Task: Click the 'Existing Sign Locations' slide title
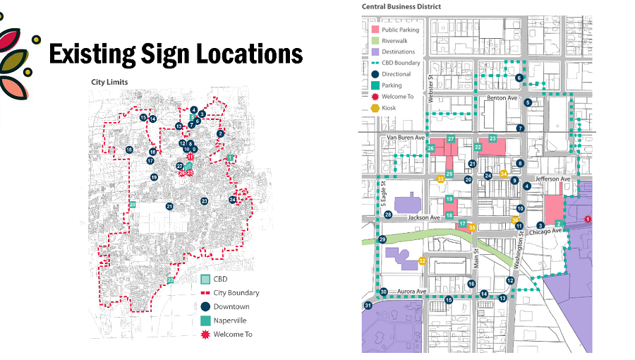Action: click(176, 54)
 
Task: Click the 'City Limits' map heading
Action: click(109, 82)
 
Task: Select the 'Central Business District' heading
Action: click(401, 6)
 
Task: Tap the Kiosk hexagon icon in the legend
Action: click(374, 108)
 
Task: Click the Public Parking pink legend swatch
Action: click(374, 30)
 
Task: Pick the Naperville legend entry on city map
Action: click(205, 320)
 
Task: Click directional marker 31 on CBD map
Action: click(368, 305)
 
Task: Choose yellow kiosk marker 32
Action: click(422, 261)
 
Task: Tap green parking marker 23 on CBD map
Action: click(492, 138)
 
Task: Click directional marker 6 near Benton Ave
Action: click(519, 78)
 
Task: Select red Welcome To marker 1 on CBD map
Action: click(587, 220)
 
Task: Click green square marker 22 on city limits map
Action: click(170, 280)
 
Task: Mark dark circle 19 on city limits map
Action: click(154, 177)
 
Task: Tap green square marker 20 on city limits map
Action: click(132, 205)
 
